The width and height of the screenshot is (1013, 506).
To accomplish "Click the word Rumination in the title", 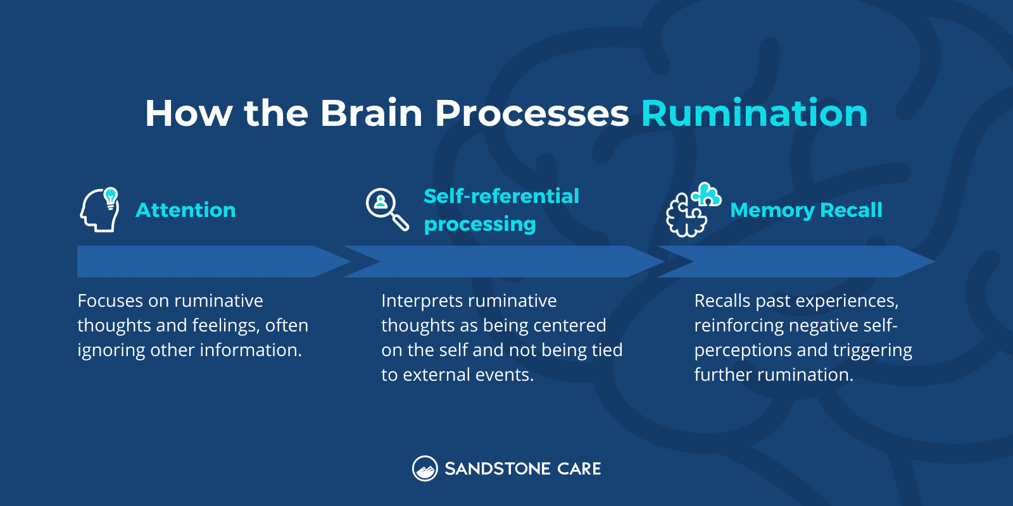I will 753,114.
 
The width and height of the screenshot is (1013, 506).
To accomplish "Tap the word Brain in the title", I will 371,114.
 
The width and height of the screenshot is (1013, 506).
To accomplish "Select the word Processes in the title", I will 532,114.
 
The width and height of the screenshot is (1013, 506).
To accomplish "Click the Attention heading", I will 186,210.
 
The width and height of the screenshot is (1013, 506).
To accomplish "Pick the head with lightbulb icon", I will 100,210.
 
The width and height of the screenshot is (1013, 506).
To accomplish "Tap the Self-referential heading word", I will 501,196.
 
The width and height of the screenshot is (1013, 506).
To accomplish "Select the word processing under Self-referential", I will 480,224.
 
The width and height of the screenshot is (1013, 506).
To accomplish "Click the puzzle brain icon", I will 692,210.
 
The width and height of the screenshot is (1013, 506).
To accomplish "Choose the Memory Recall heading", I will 806,210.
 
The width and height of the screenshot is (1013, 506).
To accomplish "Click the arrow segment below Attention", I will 203,261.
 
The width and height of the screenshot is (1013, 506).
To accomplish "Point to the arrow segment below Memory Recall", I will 798,261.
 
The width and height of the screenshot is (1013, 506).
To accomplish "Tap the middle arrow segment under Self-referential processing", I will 500,261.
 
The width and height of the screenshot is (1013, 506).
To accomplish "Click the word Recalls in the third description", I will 722,301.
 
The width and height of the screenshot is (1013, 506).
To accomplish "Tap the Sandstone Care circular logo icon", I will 425,469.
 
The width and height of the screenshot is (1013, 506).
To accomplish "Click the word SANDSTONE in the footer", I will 497,469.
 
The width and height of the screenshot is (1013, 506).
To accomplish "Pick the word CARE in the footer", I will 579,469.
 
